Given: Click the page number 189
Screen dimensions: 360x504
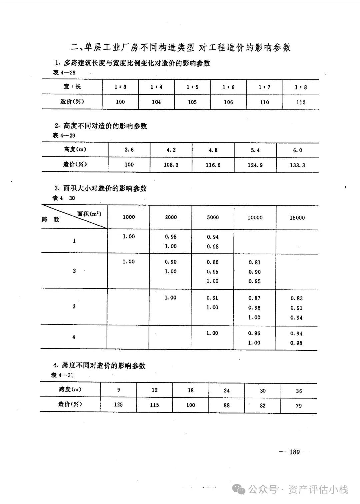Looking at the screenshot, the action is click(295, 452).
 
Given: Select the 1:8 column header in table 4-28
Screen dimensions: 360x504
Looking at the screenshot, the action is click(301, 87).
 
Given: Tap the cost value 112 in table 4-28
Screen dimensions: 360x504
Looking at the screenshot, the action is click(301, 102).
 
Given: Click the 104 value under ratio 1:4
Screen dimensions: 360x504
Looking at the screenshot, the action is click(156, 102).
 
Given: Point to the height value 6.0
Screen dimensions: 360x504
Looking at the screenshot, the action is click(297, 150).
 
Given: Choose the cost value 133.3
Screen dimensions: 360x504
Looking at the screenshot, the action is click(297, 165).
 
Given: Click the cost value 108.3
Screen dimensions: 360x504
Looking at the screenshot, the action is click(171, 165).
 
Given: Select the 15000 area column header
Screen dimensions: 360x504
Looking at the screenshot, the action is click(297, 218).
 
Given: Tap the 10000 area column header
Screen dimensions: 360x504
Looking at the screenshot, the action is click(255, 217).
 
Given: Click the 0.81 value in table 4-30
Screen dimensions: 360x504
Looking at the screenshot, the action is click(255, 262).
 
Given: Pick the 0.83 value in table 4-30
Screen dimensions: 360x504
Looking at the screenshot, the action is click(296, 298).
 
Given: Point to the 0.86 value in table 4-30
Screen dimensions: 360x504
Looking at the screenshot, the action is click(213, 262).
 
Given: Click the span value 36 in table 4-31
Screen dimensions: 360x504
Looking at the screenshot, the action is click(299, 391).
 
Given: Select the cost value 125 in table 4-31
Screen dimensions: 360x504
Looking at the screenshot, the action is click(118, 404).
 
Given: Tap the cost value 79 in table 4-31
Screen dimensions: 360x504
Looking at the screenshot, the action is click(299, 406).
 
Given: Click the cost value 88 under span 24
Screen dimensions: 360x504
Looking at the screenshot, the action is click(227, 405).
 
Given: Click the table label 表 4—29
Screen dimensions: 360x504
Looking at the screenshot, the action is click(64, 135).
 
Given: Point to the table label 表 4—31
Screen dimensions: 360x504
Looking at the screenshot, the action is click(62, 375).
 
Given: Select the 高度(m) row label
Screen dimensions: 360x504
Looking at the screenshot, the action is click(75, 149).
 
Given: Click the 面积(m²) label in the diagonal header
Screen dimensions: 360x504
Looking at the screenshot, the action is click(89, 214).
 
